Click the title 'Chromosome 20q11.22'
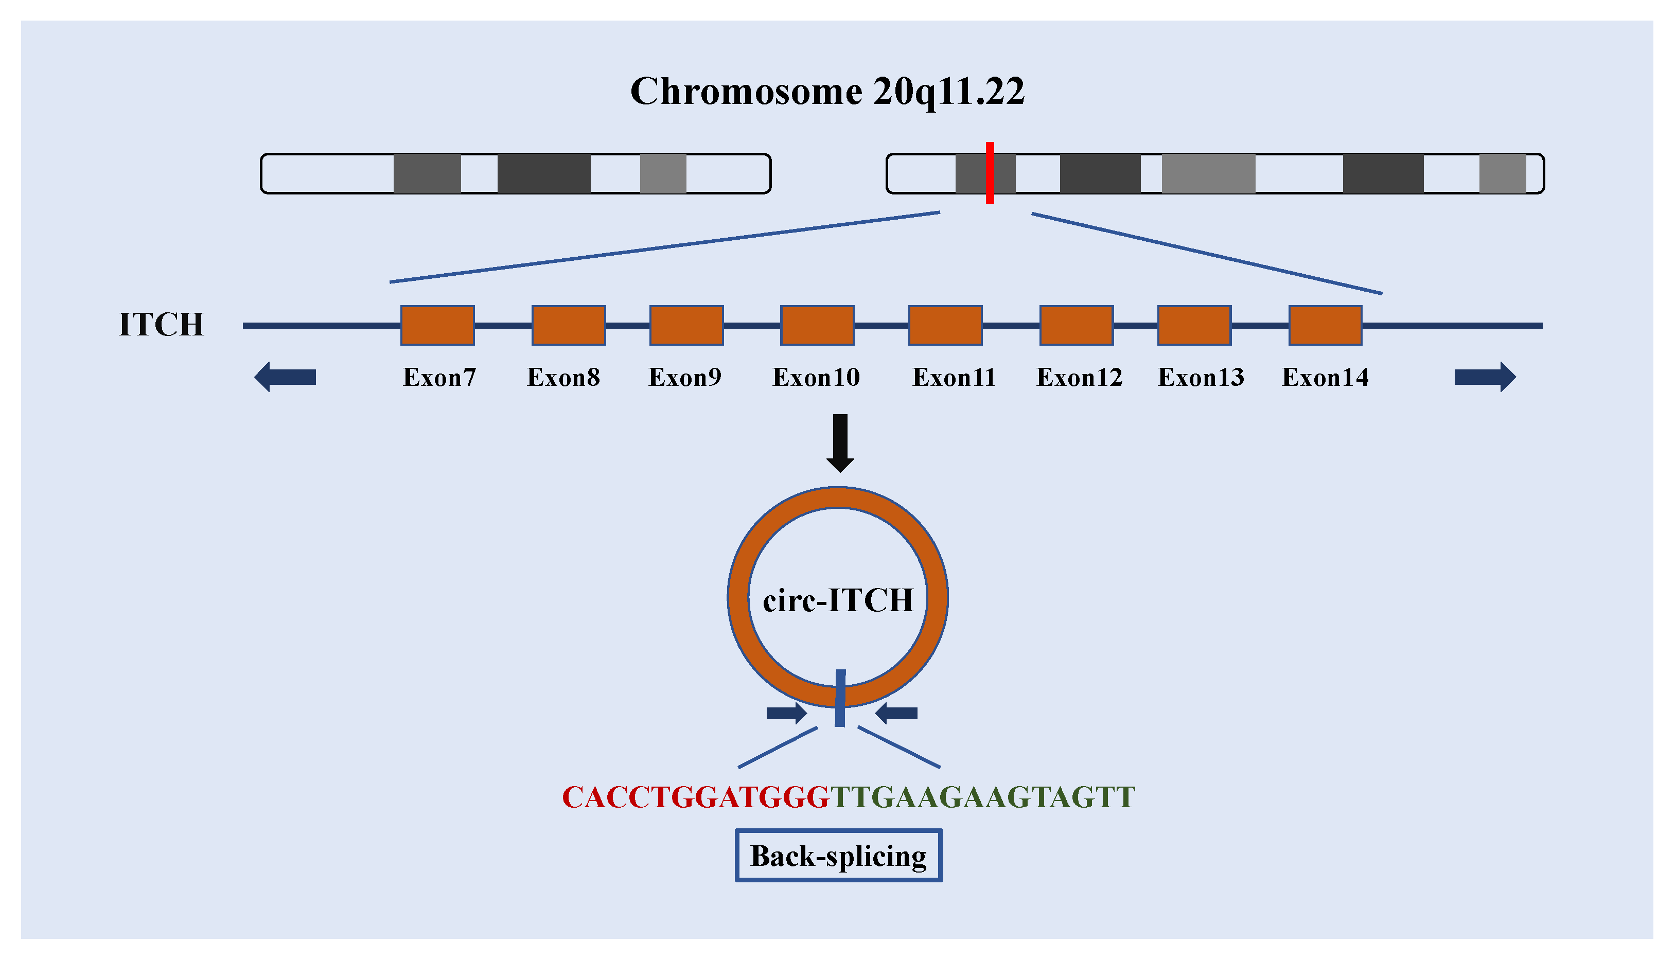(x=827, y=91)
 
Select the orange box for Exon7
(x=437, y=325)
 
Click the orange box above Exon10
(x=817, y=325)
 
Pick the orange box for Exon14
(x=1325, y=325)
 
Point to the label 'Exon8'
(x=563, y=377)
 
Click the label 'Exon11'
(x=954, y=377)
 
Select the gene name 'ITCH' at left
(x=161, y=325)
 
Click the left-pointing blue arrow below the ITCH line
(x=285, y=377)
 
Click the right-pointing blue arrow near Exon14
(x=1485, y=377)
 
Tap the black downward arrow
(x=839, y=442)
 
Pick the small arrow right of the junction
(x=896, y=713)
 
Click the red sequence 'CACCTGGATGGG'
(x=695, y=797)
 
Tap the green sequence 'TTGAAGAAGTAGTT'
(x=982, y=797)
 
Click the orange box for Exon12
(x=1076, y=325)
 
